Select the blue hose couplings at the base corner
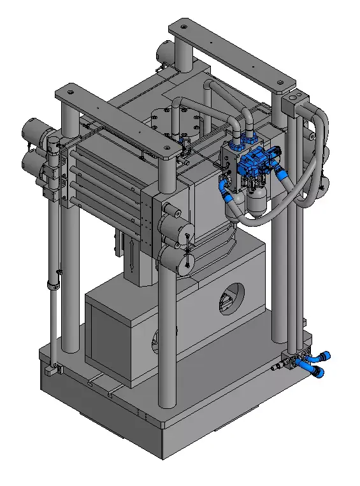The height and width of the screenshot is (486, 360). pos(319,363)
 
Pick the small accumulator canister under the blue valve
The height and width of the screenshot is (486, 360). pos(258,203)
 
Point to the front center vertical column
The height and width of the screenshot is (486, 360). pos(167,331)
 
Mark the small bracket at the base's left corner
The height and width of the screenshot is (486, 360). pos(53,369)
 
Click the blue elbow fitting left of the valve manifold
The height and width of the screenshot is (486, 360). pos(224,187)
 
